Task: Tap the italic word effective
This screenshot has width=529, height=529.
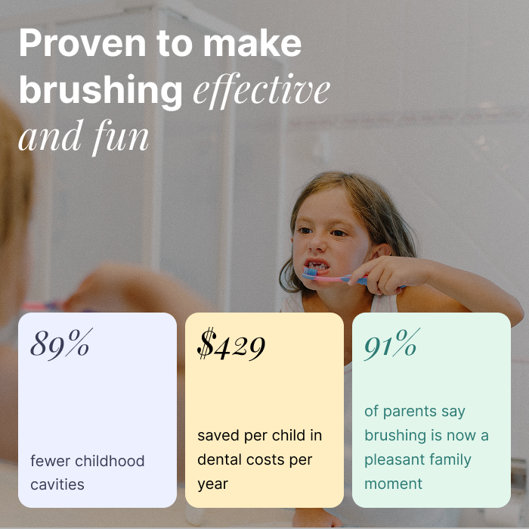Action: point(261,90)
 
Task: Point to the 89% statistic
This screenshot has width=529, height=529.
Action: point(60,344)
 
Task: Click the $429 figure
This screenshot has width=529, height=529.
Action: point(231,345)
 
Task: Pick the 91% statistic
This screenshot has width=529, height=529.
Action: point(391,345)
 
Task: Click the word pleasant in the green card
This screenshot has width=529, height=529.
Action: point(394,459)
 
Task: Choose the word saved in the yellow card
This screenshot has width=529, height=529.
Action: point(218,436)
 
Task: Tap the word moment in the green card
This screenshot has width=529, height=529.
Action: point(394,484)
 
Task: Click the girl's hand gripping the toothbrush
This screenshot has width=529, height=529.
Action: point(385,274)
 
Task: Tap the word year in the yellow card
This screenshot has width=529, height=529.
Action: point(213,484)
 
